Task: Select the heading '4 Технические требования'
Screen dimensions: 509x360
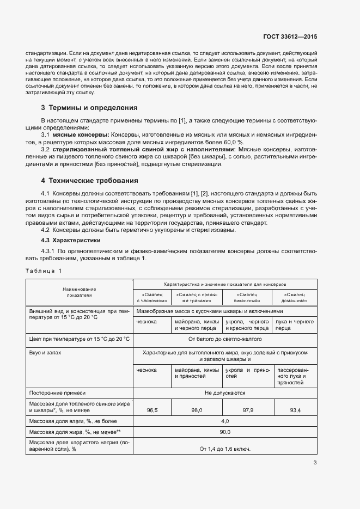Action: click(89, 180)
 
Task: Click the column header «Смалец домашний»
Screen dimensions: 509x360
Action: click(296, 297)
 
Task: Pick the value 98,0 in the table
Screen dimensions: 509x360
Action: click(197, 410)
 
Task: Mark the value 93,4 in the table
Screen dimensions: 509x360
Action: click(296, 410)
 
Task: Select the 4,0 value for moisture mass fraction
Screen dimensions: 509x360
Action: click(225, 421)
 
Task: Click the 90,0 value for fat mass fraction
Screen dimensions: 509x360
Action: click(225, 432)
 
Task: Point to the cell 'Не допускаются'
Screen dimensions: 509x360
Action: click(225, 393)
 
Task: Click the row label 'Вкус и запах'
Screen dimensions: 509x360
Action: click(45, 353)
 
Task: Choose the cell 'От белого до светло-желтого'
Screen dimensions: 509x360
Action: click(225, 339)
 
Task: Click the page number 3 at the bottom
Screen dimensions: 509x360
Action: click(315, 463)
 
